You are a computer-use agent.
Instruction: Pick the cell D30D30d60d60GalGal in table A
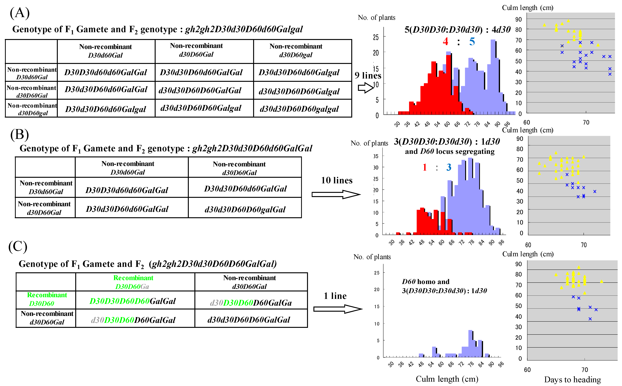(x=106, y=72)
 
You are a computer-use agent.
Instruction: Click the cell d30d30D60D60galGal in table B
(x=245, y=209)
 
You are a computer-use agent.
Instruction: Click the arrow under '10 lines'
(x=336, y=195)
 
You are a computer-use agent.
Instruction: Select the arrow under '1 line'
(x=337, y=309)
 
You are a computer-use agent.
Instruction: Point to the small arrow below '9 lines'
(x=366, y=88)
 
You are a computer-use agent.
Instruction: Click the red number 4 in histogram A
(x=445, y=41)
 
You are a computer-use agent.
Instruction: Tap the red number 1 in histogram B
(x=425, y=167)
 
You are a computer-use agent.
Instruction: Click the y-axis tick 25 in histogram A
(x=376, y=37)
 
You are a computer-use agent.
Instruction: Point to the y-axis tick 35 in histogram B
(x=376, y=156)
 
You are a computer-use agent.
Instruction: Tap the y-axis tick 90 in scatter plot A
(x=518, y=19)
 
